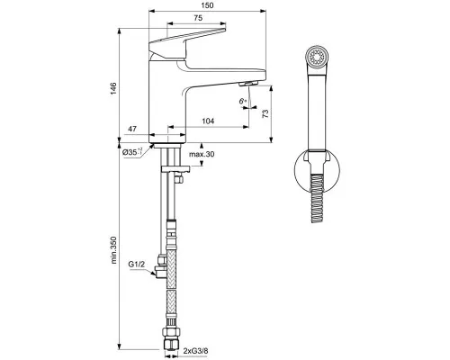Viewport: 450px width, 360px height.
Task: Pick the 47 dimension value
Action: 132,130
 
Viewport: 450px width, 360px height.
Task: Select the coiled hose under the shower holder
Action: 317,194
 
